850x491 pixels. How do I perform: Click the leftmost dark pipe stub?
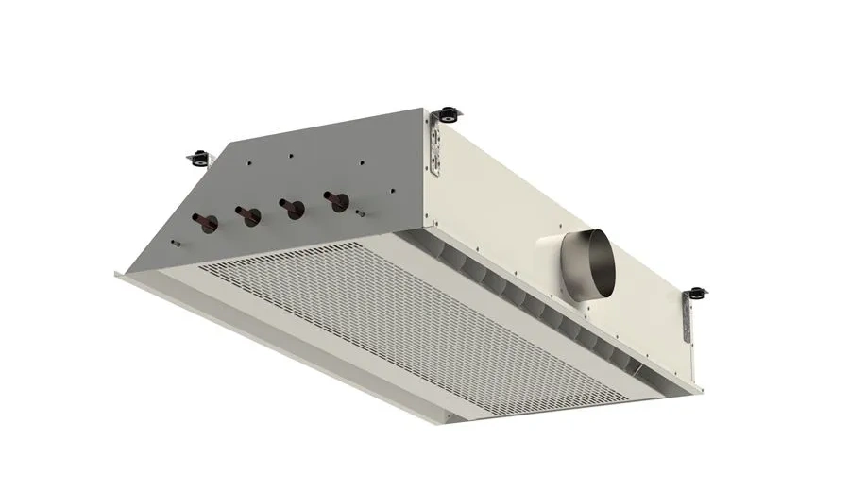click(x=205, y=224)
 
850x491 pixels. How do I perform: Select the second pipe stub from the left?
click(x=249, y=215)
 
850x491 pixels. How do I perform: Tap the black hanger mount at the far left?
click(x=199, y=156)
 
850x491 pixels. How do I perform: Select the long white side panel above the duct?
click(x=557, y=189)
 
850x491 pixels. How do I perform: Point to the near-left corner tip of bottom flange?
click(x=116, y=275)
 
